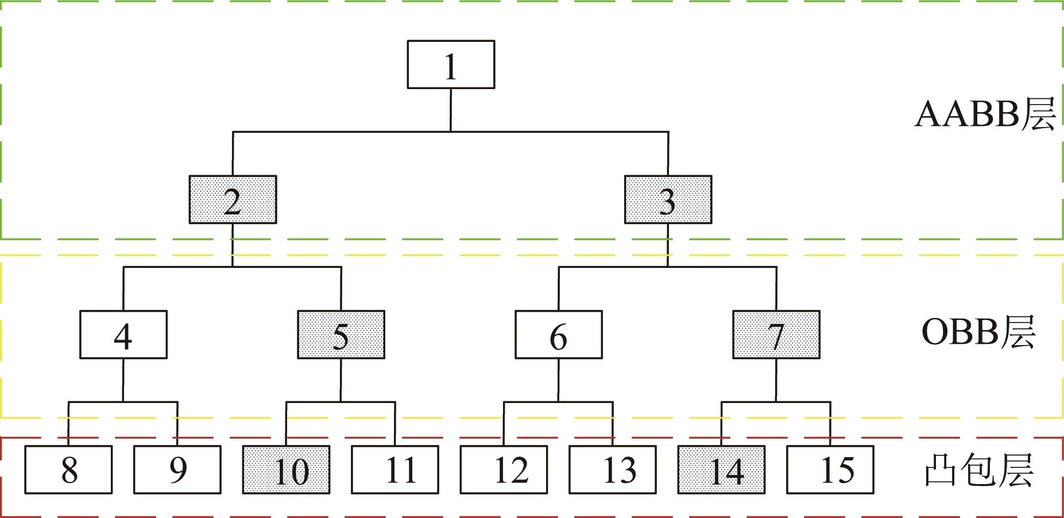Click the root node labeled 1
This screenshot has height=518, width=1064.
pyautogui.click(x=451, y=64)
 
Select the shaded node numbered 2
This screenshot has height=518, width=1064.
pyautogui.click(x=233, y=199)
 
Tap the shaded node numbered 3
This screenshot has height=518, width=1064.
pyautogui.click(x=668, y=199)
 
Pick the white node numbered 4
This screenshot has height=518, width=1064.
pyautogui.click(x=123, y=335)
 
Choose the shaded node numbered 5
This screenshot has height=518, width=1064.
pyautogui.click(x=341, y=335)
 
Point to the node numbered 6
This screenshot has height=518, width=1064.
pyautogui.click(x=558, y=335)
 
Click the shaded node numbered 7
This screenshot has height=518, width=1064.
pyautogui.click(x=776, y=335)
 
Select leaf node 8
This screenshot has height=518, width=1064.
pyautogui.click(x=68, y=470)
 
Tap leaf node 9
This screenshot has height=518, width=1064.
pyautogui.click(x=177, y=470)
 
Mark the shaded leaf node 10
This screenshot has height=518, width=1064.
pyautogui.click(x=286, y=470)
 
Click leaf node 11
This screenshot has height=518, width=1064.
pyautogui.click(x=395, y=470)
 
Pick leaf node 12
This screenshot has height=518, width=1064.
pyautogui.click(x=504, y=470)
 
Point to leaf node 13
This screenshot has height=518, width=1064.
pyautogui.click(x=613, y=470)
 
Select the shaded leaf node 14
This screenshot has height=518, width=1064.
pyautogui.click(x=721, y=470)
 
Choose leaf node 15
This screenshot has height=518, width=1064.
pyautogui.click(x=830, y=470)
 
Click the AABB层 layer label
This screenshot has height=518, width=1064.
pyautogui.click(x=984, y=114)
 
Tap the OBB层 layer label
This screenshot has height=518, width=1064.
pyautogui.click(x=978, y=332)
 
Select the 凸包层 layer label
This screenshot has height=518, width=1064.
pyautogui.click(x=978, y=470)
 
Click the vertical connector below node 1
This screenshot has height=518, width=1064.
pyautogui.click(x=451, y=110)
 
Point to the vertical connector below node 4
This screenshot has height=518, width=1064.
pyautogui.click(x=123, y=380)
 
